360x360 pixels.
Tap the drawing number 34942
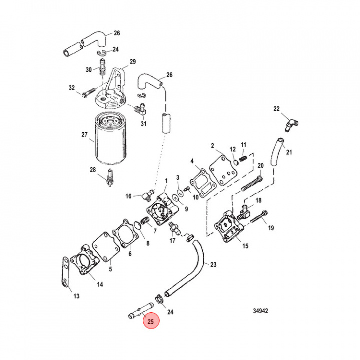point(261,311)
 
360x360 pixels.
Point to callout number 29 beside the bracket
point(133,62)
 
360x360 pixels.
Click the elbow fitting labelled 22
point(290,124)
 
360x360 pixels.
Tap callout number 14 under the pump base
point(100,285)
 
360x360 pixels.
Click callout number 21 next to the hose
point(288,152)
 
